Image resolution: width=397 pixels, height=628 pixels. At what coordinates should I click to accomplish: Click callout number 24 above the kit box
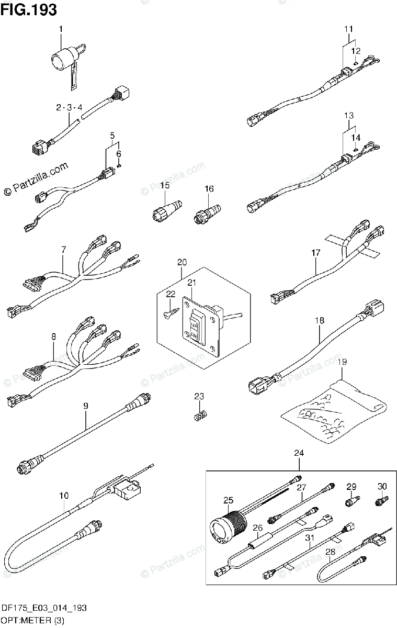(x=298, y=453)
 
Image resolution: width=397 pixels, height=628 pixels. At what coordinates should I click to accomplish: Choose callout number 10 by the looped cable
(x=64, y=495)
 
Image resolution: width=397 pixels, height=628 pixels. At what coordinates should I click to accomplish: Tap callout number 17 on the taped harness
(x=315, y=253)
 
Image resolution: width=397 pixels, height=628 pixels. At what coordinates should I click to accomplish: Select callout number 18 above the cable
(x=320, y=320)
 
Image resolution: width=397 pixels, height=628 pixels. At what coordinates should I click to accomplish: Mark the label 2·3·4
(x=70, y=107)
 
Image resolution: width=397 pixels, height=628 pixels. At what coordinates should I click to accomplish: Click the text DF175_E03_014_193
(x=43, y=608)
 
